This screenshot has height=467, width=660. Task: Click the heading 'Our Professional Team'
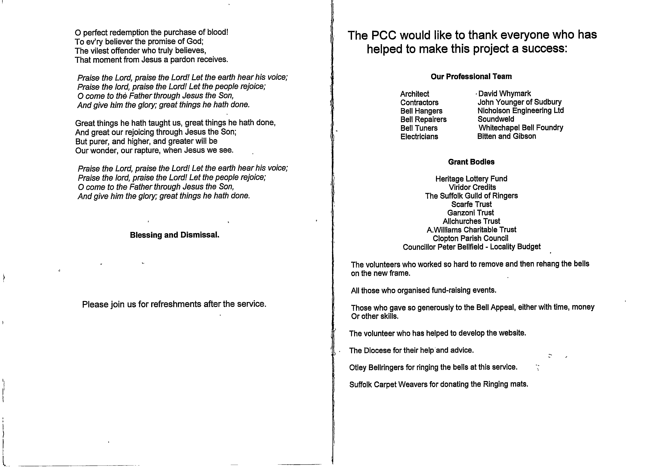coord(471,76)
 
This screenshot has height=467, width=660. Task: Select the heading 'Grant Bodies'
coord(471,162)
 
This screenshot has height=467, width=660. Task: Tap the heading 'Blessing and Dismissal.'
coord(175,235)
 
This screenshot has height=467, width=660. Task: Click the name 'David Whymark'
coord(505,94)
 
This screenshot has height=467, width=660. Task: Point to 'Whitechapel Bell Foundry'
coord(521,127)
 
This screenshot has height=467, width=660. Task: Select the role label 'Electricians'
coord(419,137)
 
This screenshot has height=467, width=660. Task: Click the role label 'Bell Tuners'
coord(419,128)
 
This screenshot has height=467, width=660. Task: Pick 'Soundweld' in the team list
coord(496,119)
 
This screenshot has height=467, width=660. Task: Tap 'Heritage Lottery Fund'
coord(471,179)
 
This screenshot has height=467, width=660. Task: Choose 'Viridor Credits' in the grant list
coord(472,187)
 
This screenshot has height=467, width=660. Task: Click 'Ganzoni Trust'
coord(470,213)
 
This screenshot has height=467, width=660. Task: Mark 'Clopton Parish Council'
coord(470,238)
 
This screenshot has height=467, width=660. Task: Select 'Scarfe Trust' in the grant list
coord(471,204)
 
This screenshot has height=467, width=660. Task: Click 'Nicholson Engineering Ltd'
coord(521,110)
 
